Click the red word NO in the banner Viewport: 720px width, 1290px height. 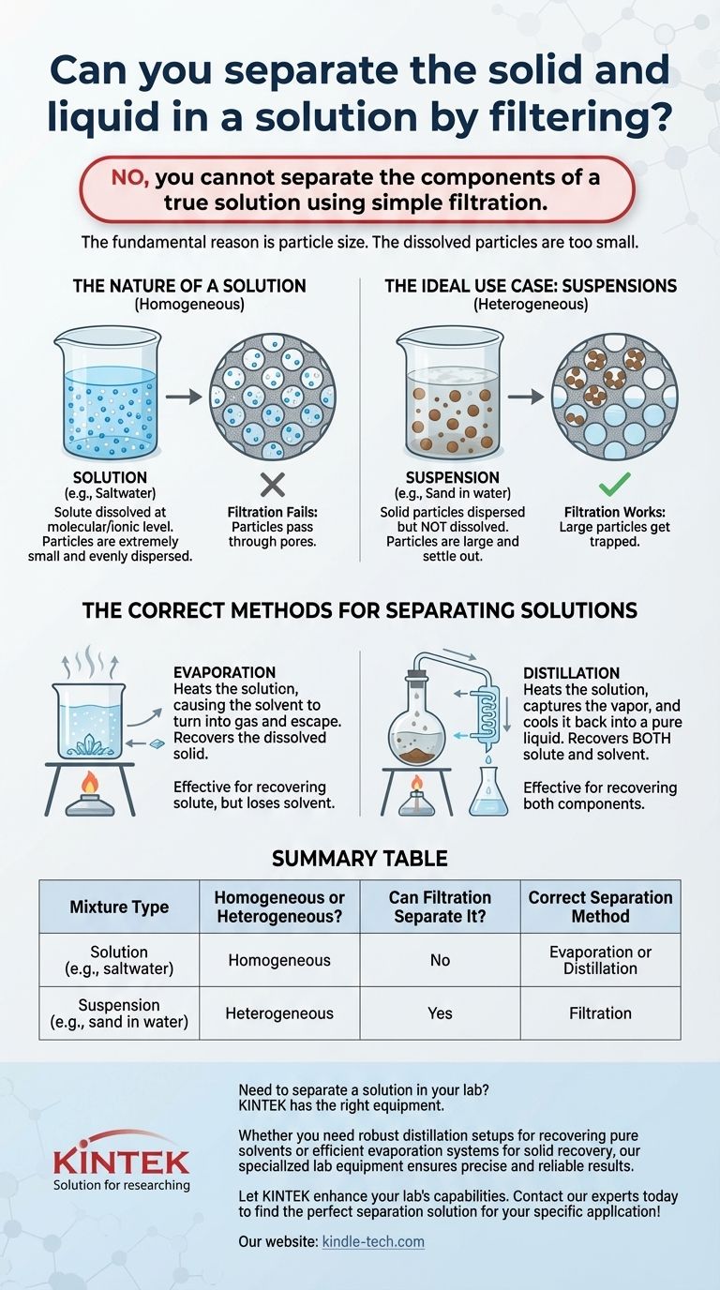(130, 177)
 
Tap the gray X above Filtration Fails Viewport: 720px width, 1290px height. (273, 485)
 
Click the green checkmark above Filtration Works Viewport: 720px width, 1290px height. (615, 485)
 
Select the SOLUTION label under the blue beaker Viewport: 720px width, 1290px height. (110, 477)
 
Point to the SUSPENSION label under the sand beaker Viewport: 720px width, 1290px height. (452, 477)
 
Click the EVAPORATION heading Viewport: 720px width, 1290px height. (225, 672)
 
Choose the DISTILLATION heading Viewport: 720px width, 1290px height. (571, 672)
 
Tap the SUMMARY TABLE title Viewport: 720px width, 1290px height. (360, 859)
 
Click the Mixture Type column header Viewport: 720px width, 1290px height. (119, 907)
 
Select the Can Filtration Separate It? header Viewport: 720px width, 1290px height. (440, 907)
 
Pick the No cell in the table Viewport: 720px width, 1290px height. (440, 960)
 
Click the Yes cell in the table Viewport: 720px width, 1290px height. (440, 1013)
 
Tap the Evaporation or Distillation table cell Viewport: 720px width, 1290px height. (600, 960)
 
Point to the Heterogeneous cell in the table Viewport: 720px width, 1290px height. (279, 1013)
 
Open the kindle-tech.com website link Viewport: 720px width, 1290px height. (373, 1241)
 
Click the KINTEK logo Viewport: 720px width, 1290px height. (121, 1161)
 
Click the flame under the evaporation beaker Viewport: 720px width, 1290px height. (89, 782)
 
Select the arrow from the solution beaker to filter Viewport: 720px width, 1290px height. (184, 397)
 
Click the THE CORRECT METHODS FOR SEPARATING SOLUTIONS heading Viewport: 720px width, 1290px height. (360, 610)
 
